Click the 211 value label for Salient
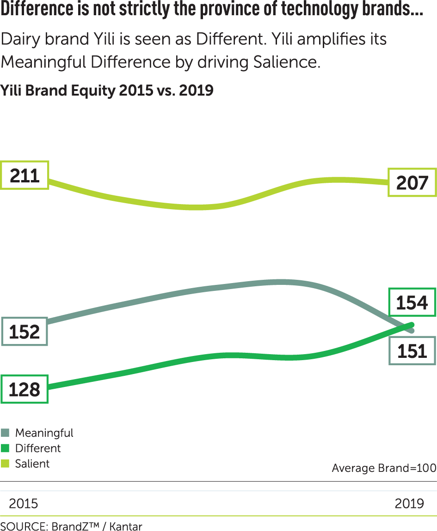[24, 175]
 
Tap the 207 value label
[412, 183]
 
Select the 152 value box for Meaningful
[24, 332]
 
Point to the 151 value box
[412, 351]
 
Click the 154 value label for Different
[412, 303]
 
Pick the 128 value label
[24, 389]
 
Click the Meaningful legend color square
[5, 433]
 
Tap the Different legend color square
[5, 448]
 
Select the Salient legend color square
[5, 464]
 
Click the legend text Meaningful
[44, 433]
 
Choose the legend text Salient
[32, 464]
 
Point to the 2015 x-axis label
[24, 503]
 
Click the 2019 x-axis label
[409, 503]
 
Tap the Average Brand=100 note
[384, 468]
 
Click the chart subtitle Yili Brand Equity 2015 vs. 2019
[107, 90]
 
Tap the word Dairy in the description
[21, 39]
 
